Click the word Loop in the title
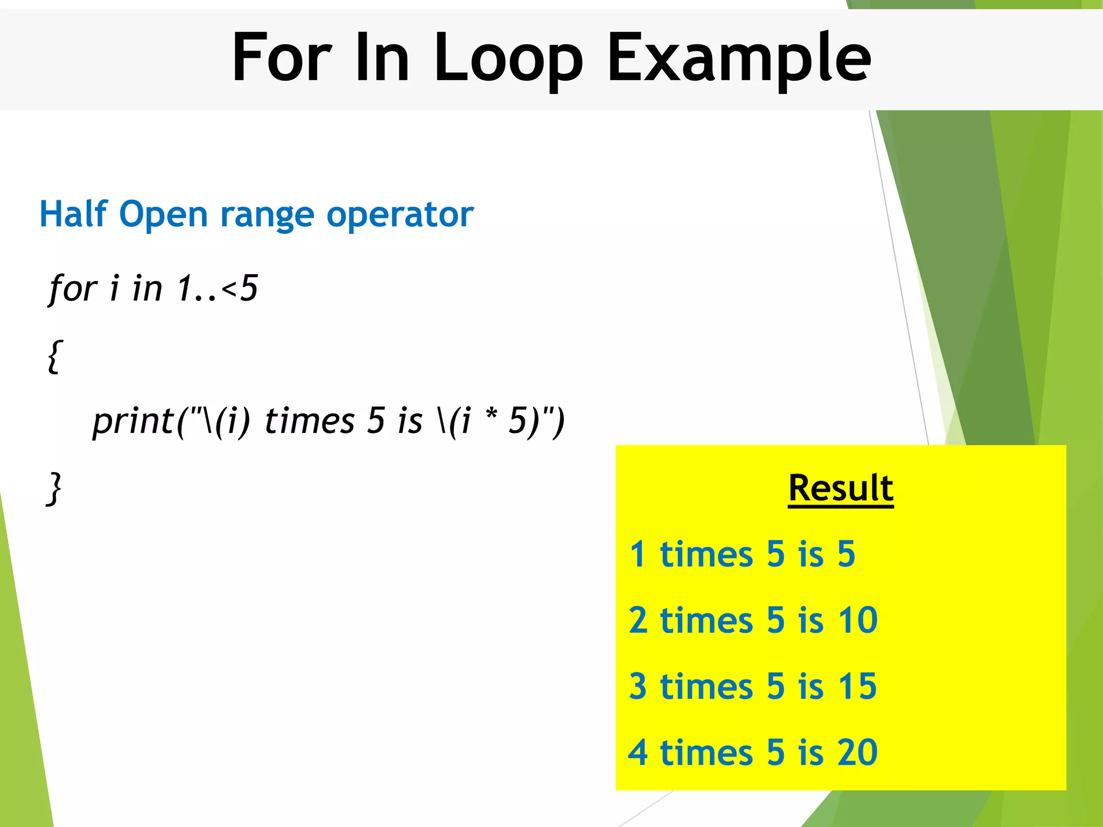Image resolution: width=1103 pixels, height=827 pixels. (x=507, y=58)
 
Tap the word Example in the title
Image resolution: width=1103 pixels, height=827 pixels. (x=739, y=58)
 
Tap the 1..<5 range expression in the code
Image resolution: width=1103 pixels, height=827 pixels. (x=218, y=289)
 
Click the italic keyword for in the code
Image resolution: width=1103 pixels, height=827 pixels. (x=73, y=290)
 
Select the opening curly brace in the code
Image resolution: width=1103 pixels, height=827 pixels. (x=54, y=356)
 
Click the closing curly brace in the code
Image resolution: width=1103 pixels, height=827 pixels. (x=54, y=488)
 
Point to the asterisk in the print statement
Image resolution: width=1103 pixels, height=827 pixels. (x=491, y=416)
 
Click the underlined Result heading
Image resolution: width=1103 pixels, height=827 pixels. (x=841, y=488)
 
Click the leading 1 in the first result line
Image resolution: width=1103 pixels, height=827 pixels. (x=638, y=554)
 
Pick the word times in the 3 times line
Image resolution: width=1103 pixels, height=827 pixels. (x=706, y=687)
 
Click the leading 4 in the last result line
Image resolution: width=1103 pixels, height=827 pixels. (x=638, y=753)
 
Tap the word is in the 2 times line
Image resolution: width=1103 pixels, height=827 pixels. (x=811, y=620)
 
